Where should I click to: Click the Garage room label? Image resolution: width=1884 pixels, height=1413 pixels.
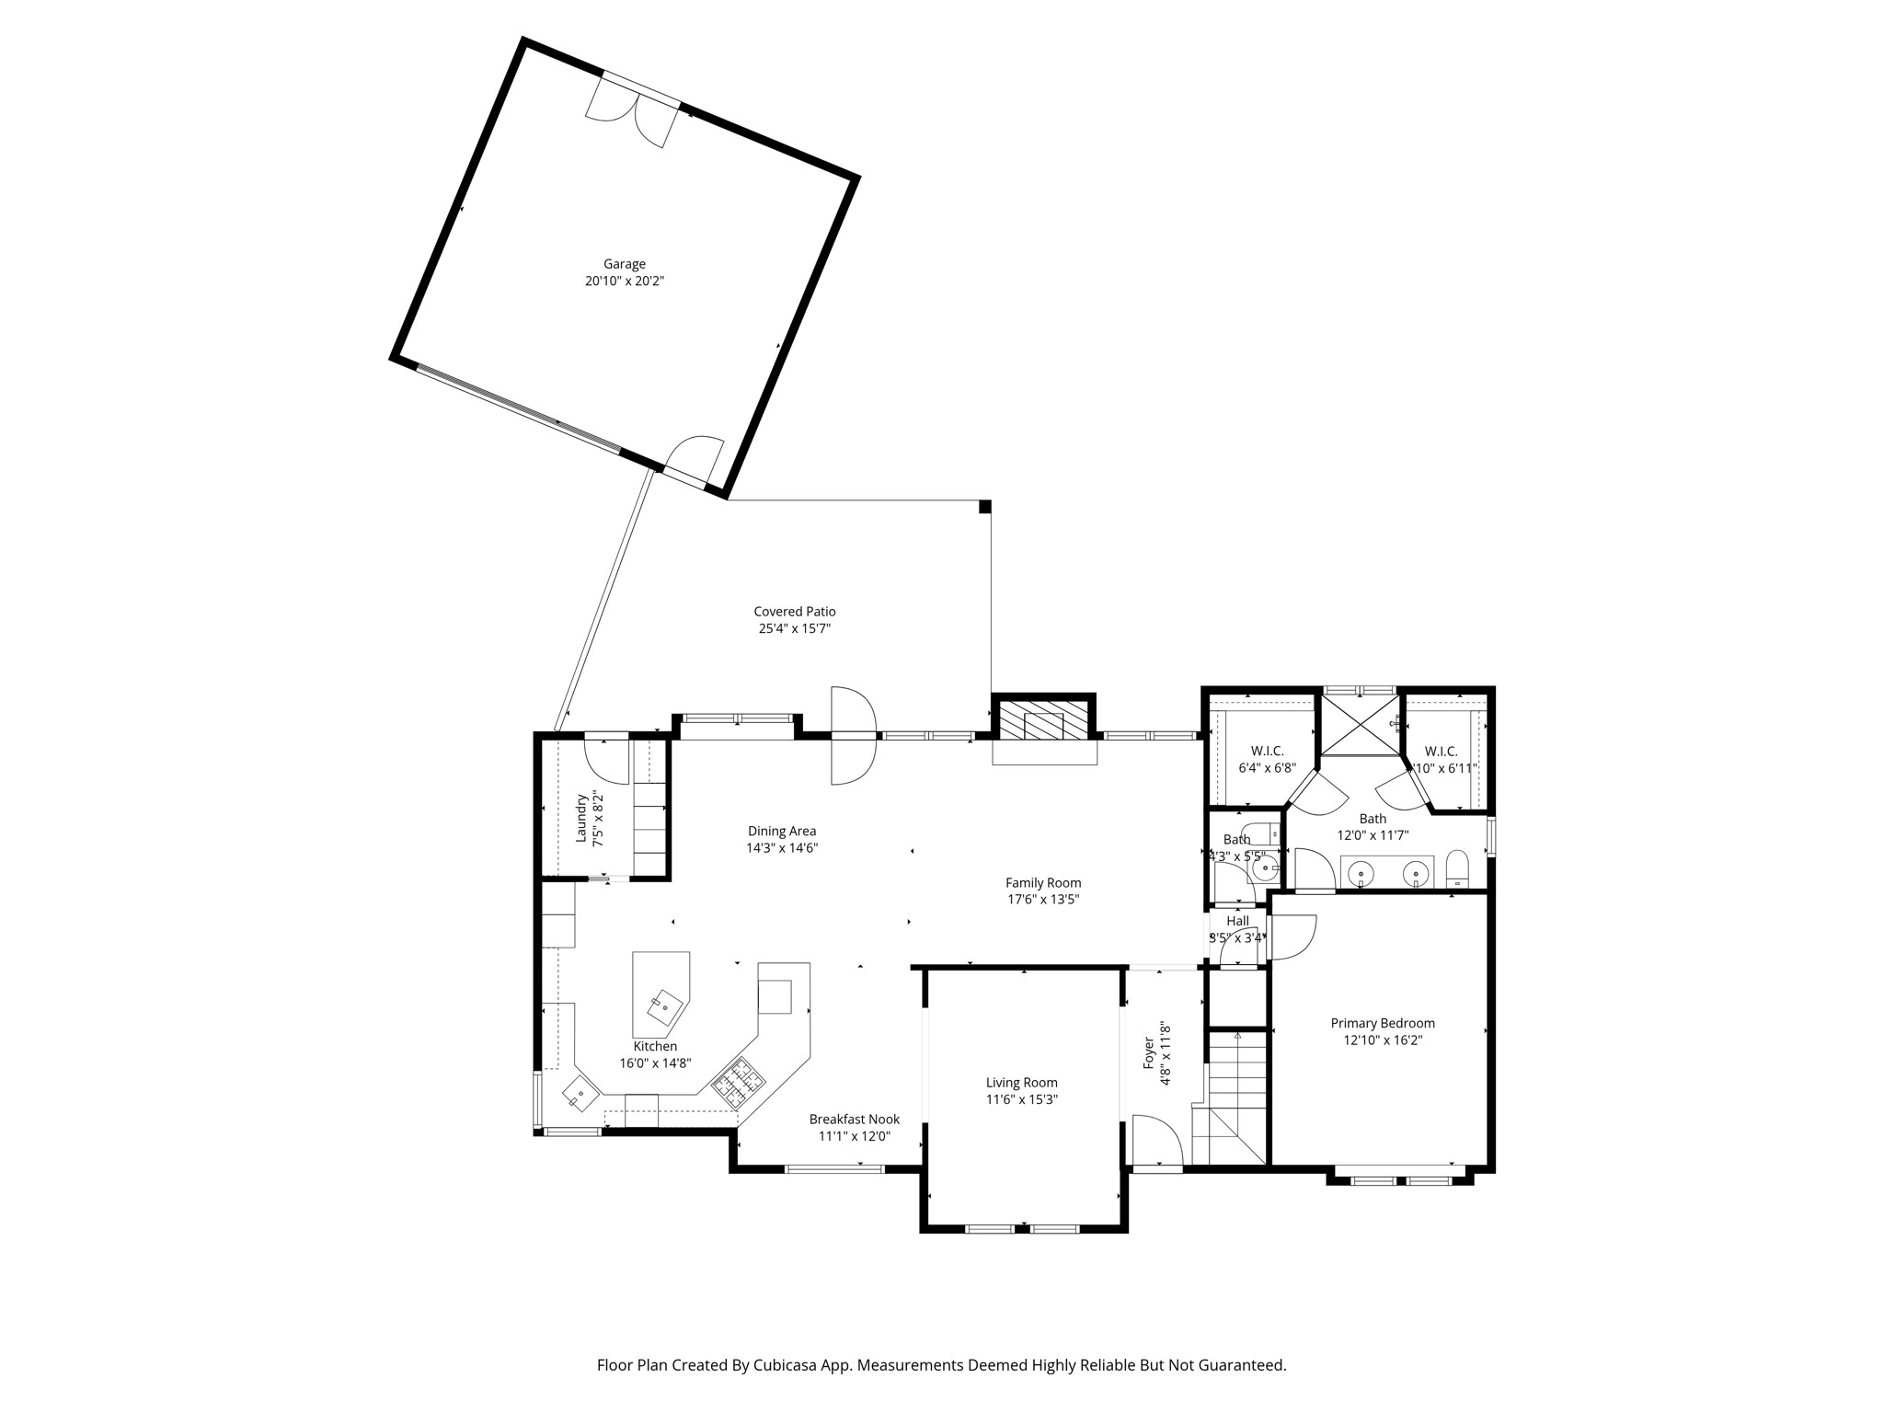pos(624,264)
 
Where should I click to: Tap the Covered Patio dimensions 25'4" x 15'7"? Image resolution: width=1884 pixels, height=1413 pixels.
pos(794,629)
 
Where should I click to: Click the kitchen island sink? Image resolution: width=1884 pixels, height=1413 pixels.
pos(664,1007)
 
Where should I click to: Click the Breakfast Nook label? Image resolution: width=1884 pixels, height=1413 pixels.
pos(854,1120)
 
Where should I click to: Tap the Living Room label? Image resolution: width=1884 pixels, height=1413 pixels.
pos(1021,1083)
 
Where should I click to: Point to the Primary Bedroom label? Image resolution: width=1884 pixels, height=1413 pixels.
pos(1382,1023)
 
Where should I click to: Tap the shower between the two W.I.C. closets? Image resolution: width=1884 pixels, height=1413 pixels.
pos(1360,725)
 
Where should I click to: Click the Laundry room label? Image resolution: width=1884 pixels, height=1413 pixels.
pos(581,818)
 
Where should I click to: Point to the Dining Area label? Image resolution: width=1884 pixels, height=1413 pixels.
pos(781,832)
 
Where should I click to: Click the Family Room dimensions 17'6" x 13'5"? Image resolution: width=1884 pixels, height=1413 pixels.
pos(1042,900)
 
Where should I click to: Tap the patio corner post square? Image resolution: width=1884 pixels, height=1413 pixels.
pos(984,507)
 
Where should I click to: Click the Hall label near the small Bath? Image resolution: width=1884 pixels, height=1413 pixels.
pos(1237,921)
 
